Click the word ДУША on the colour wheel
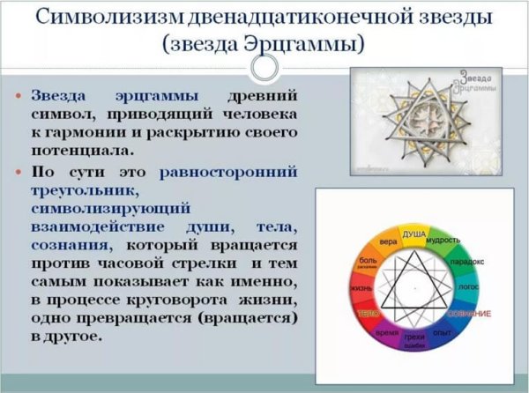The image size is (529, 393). tap(414, 235)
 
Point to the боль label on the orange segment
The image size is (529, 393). tap(366, 262)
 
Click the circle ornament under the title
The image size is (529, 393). tap(264, 69)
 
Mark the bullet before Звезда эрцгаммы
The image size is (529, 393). tap(21, 95)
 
